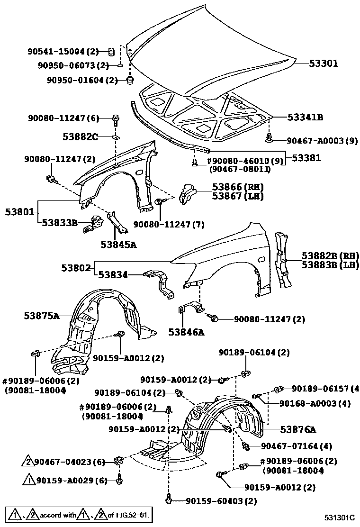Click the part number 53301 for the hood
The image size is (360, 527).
[x=324, y=63]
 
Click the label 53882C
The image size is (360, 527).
[x=80, y=137]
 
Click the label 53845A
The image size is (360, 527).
[x=118, y=245]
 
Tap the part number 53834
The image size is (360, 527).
[x=113, y=273]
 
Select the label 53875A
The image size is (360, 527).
[x=42, y=315]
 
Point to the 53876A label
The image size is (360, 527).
[x=297, y=429]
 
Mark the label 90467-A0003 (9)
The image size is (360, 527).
[x=321, y=140]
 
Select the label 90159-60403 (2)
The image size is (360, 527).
[x=221, y=500]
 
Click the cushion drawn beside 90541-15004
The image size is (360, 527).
[x=112, y=51]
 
